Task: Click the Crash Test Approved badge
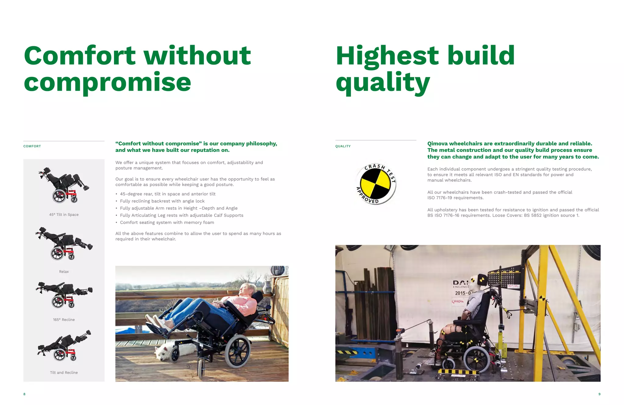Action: point(376,183)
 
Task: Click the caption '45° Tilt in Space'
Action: point(64,215)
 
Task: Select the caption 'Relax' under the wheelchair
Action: point(64,271)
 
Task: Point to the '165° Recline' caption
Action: point(64,319)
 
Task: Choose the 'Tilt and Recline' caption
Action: point(64,372)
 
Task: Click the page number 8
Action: point(24,394)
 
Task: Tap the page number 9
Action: point(599,394)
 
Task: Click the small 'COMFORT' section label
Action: point(32,146)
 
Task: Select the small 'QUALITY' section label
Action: point(343,146)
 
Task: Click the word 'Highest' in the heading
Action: point(387,56)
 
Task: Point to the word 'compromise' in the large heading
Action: point(107,82)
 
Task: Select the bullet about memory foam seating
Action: point(167,222)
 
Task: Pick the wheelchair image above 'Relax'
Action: point(64,243)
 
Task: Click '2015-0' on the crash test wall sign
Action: point(463,293)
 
